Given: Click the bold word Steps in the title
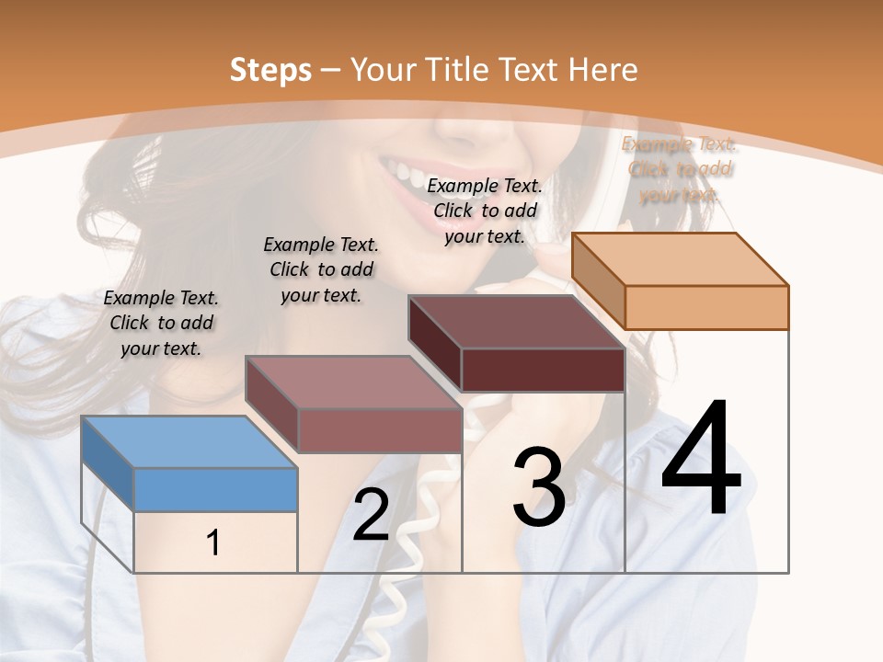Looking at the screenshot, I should [x=270, y=70].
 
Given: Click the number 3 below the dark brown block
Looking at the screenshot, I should [x=539, y=486].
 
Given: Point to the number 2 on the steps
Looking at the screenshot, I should [x=372, y=516].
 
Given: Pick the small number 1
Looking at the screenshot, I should [x=213, y=543].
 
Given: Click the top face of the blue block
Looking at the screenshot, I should [x=189, y=441].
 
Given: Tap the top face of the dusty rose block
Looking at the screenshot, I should [x=353, y=382].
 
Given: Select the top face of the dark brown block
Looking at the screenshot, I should [x=516, y=322].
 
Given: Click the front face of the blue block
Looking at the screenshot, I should [x=215, y=489].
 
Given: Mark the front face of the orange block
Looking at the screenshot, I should [x=706, y=307].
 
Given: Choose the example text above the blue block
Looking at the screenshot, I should [x=161, y=323].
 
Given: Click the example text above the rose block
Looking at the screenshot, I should [x=321, y=269].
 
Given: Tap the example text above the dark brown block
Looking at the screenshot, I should [x=485, y=211].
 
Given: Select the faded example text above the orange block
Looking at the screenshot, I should [x=679, y=169].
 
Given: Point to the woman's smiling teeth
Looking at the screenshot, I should [x=410, y=174].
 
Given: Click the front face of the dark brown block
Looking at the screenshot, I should [x=543, y=370].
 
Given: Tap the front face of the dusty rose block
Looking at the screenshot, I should [x=379, y=430].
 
